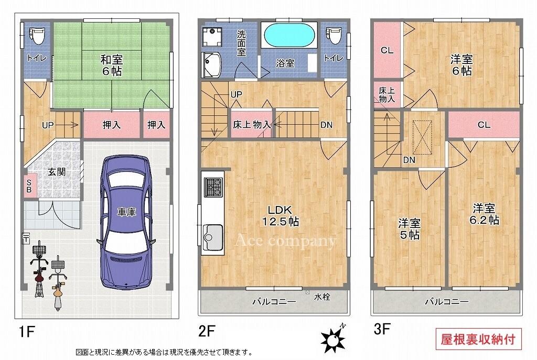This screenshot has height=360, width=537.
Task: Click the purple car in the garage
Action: click(x=126, y=222)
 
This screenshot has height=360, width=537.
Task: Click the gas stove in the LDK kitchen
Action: click(x=213, y=187)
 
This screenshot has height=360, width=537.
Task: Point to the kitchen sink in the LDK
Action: click(x=213, y=237)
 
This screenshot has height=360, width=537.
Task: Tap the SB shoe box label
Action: click(x=29, y=187)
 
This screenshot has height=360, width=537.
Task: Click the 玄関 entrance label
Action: click(x=57, y=171)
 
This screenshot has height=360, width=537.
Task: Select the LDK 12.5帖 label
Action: click(x=281, y=215)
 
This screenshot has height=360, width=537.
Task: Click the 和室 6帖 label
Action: click(x=111, y=66)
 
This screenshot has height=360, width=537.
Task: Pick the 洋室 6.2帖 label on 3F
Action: click(x=484, y=214)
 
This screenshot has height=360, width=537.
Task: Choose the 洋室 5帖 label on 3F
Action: click(x=409, y=229)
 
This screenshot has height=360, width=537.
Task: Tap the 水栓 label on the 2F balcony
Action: click(x=322, y=297)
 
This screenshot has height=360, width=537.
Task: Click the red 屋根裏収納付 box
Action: click(x=478, y=339)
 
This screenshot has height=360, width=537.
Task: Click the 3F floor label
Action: click(x=382, y=329)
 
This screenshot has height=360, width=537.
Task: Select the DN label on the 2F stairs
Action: click(x=326, y=125)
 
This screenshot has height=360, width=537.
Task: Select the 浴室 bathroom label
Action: click(x=285, y=63)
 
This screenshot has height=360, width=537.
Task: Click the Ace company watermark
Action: click(x=286, y=241)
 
